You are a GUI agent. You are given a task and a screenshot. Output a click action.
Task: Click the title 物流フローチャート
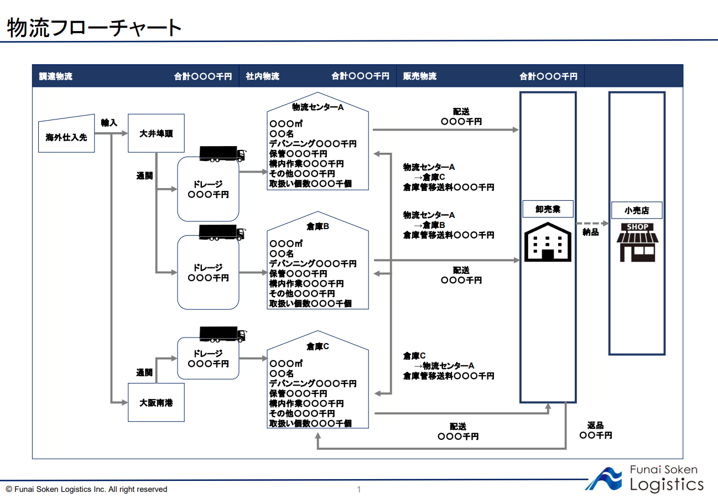[94, 28]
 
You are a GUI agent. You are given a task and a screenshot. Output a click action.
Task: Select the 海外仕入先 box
[66, 134]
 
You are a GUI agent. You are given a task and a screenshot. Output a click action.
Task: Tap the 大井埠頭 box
[156, 133]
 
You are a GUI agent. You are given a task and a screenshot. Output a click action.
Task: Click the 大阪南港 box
[156, 403]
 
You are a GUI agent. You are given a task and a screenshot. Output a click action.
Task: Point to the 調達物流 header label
[55, 76]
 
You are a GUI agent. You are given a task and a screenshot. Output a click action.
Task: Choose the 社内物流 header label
[263, 76]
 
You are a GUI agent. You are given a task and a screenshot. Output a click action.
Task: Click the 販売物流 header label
[420, 76]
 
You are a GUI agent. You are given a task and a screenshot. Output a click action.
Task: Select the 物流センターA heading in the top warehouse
[318, 107]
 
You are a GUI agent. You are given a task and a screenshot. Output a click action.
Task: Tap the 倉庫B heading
[318, 226]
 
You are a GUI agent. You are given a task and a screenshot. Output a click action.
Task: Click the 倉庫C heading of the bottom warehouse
[318, 346]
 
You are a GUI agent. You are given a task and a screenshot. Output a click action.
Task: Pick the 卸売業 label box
[548, 209]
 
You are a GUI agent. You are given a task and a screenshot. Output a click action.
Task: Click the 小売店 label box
[636, 210]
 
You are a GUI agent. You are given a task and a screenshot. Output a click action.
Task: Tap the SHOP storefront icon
[637, 242]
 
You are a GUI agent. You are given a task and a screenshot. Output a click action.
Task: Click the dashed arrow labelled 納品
[591, 224]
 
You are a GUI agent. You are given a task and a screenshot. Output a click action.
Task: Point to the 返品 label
[595, 426]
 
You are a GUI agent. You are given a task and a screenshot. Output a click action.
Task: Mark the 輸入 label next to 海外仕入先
[109, 122]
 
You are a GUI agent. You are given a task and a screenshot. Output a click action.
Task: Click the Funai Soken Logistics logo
[644, 478]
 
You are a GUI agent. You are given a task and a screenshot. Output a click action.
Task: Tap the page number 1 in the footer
[358, 489]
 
